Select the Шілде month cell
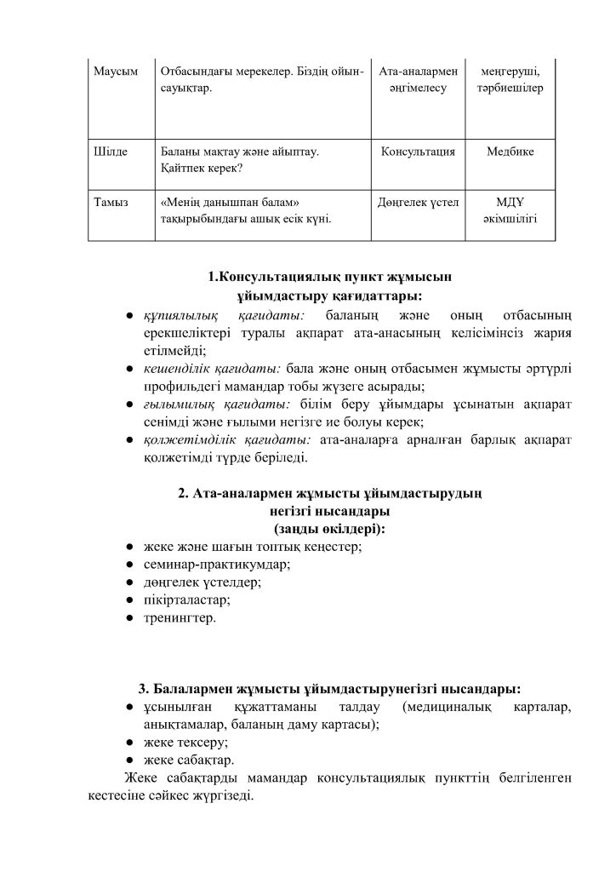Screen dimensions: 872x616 click(110, 152)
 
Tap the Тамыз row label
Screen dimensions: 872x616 click(112, 202)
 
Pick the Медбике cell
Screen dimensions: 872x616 click(510, 152)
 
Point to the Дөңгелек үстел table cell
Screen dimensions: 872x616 click(417, 202)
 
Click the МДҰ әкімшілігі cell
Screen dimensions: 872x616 click(510, 210)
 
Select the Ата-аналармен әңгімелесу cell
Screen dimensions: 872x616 click(417, 80)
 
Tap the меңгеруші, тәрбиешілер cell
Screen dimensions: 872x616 click(510, 80)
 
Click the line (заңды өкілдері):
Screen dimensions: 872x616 click(329, 529)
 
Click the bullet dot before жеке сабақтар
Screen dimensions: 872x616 click(123, 760)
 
